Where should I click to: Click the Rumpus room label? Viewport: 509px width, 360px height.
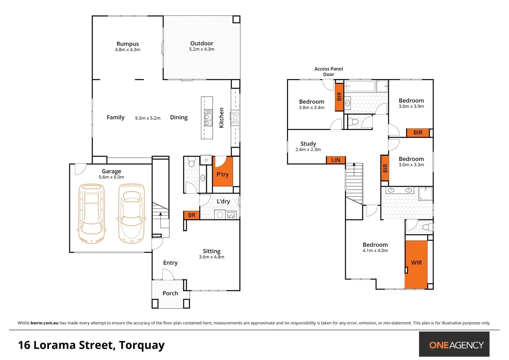click(128, 44)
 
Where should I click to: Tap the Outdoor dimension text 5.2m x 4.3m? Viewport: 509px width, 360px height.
click(202, 49)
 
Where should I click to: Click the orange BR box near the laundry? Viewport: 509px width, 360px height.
click(192, 215)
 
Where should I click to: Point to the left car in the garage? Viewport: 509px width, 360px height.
click(91, 213)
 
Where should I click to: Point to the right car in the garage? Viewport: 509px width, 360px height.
click(131, 213)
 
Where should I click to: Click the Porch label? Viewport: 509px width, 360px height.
click(170, 293)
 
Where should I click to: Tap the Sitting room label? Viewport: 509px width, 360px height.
click(212, 251)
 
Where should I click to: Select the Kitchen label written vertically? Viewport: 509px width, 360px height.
click(221, 118)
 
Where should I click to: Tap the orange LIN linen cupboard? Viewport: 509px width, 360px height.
click(336, 160)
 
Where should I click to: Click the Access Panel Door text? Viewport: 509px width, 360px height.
click(328, 71)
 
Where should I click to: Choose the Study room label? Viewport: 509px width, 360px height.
click(308, 144)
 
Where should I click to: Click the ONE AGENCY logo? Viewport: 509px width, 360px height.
click(454, 344)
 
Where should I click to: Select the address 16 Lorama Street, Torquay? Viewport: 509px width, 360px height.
click(91, 345)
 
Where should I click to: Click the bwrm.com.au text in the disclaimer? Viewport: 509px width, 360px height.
click(44, 323)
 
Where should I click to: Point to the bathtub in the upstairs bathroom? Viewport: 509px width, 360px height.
click(360, 86)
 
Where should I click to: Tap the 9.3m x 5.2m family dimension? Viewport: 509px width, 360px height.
click(148, 118)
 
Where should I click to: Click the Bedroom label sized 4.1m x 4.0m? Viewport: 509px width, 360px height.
click(375, 245)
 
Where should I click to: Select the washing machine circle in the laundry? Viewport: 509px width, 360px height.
click(220, 215)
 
